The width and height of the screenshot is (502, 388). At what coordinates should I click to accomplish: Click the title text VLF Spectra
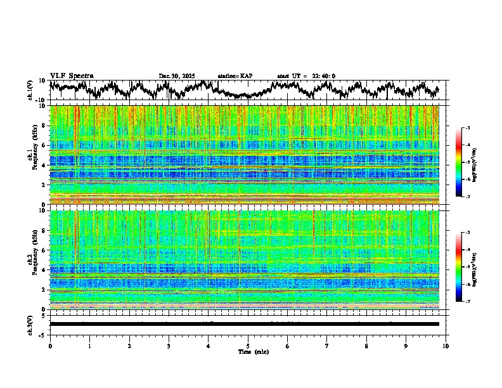click(72, 76)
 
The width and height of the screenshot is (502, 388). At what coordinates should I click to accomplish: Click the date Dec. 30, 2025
click(177, 76)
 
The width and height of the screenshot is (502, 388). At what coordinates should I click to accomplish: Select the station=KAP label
click(235, 76)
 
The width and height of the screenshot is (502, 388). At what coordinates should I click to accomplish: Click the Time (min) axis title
click(253, 351)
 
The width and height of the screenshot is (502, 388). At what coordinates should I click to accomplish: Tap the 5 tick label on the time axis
click(248, 346)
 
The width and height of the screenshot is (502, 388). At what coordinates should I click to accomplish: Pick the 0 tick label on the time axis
click(50, 346)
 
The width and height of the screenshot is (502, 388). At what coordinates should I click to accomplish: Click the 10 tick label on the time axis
click(446, 346)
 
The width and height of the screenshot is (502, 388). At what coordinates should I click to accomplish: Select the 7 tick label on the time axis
click(327, 346)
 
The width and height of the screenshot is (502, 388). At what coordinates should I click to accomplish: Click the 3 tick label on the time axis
click(169, 346)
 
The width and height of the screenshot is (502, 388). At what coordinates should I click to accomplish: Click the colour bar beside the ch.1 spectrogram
click(466, 163)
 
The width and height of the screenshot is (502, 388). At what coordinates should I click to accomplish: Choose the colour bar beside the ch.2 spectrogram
click(466, 268)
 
